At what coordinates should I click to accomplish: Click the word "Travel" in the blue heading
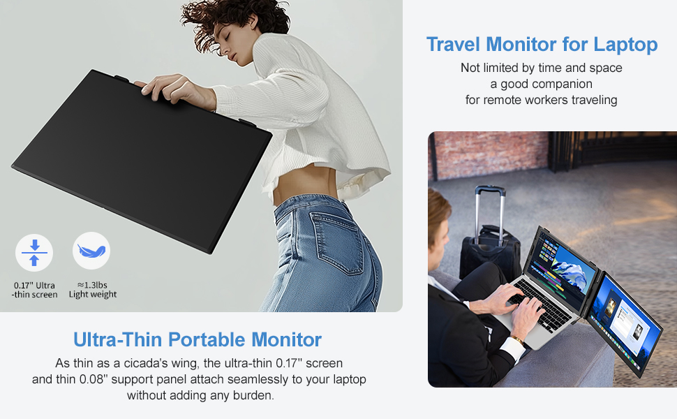[x=454, y=45]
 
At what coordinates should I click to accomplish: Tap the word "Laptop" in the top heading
[x=625, y=45]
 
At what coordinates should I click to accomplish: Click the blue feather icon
[x=91, y=251]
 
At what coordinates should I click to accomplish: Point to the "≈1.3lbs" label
[x=92, y=284]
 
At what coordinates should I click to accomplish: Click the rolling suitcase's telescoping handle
[x=489, y=206]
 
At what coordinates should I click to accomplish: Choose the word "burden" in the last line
[x=253, y=395]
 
